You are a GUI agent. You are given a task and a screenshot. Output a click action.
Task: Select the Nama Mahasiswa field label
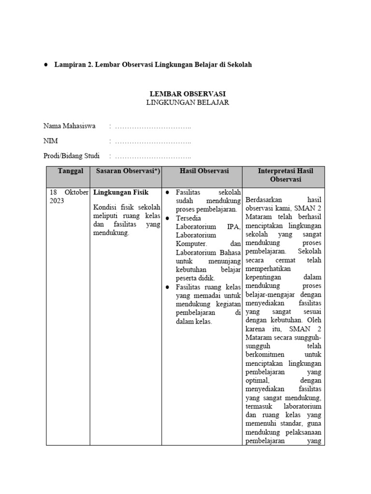(69, 126)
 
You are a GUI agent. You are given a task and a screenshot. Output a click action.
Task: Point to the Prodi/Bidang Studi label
(71, 156)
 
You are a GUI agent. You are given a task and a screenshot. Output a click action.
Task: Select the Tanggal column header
(71, 171)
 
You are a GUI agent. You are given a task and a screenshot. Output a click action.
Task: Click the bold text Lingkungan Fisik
(121, 192)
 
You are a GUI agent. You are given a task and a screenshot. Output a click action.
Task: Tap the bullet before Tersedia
(167, 218)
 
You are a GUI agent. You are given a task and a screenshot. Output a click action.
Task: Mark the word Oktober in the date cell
(76, 192)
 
